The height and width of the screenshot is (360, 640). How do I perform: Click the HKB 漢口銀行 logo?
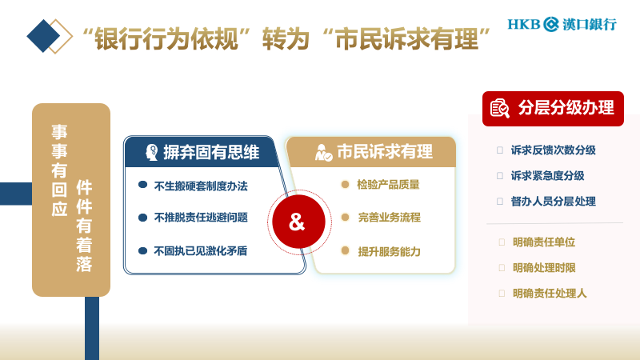coord(562,24)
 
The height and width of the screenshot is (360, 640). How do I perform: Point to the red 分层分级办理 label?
coord(553,108)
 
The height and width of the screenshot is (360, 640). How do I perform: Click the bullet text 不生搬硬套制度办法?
coord(200,186)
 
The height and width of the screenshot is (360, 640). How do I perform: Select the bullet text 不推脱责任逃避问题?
coord(200,217)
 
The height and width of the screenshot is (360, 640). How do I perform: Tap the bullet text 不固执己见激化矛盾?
coord(200,250)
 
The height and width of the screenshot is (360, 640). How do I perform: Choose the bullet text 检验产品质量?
coord(389,184)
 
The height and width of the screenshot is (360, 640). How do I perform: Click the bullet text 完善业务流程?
coord(389,217)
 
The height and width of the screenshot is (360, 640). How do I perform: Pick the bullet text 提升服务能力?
coord(389,250)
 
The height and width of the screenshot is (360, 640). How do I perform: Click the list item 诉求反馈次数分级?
coord(553,150)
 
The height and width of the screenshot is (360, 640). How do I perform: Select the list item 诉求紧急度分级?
coord(547,175)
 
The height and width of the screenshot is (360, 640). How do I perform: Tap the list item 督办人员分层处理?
coord(553,201)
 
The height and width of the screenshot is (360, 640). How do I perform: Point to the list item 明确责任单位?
coord(544,242)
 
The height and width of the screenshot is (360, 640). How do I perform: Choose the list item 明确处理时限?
coord(544,267)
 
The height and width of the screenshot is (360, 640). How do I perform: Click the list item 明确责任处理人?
coord(550,293)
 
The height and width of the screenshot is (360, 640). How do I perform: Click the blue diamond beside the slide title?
coord(44,36)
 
